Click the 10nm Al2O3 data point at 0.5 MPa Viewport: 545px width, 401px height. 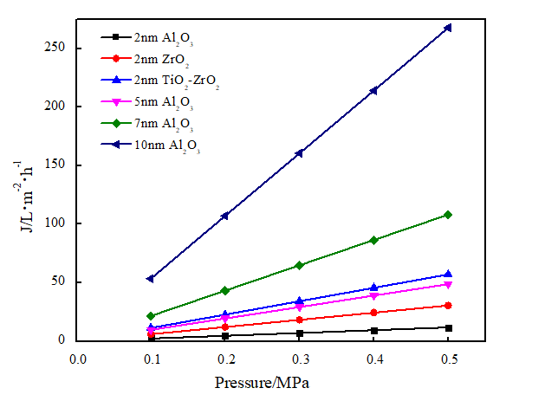point(448,28)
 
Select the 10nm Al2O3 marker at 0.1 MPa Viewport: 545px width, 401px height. point(151,278)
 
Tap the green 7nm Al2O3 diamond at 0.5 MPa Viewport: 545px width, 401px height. point(448,215)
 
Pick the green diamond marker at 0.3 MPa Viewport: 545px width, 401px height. point(299,265)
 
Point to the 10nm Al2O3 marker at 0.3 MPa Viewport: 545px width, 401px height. point(299,153)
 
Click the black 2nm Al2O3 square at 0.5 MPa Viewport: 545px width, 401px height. point(448,327)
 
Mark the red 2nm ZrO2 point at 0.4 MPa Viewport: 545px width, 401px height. point(373,313)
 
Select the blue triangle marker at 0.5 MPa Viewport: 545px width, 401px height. point(448,275)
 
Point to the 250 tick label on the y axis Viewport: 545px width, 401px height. point(55,48)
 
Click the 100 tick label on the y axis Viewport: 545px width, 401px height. point(55,223)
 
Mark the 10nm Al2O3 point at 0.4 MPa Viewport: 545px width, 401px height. point(373,90)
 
